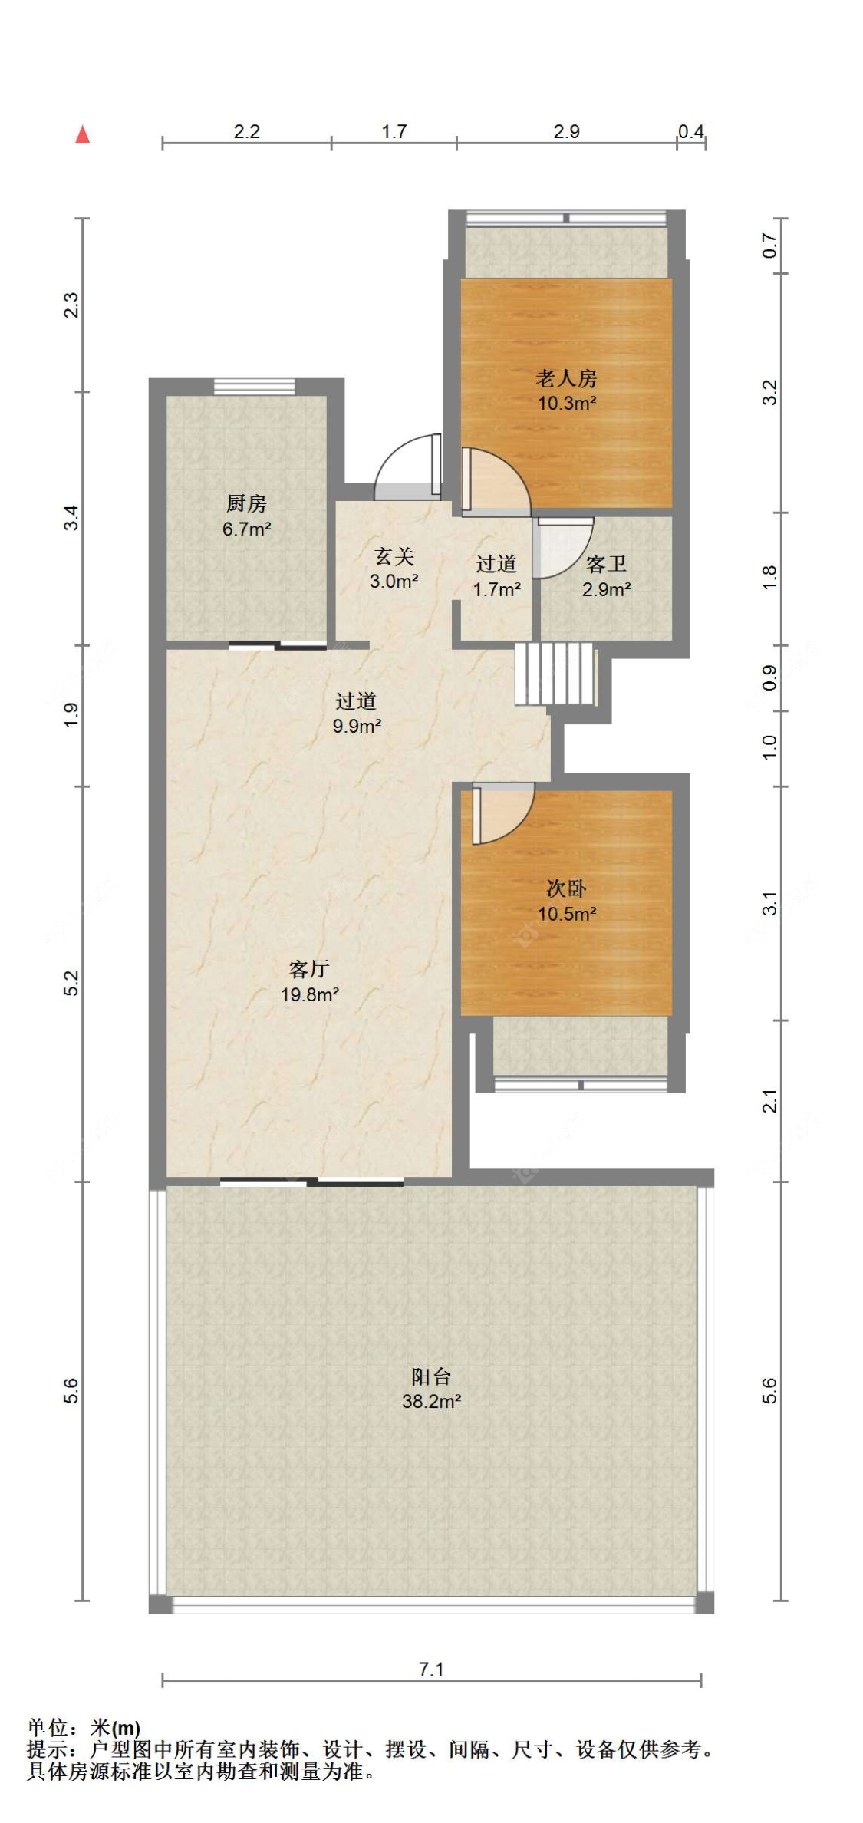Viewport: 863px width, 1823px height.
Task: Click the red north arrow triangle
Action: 83,134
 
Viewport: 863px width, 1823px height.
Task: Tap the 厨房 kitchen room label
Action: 246,503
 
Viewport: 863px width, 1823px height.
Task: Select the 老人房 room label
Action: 566,377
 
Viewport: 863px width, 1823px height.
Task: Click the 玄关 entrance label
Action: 394,556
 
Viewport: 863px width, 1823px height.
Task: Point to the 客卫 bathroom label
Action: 606,564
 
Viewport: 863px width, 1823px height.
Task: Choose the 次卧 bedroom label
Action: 566,888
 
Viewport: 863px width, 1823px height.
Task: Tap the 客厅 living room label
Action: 309,968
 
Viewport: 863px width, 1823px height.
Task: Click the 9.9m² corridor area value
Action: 357,725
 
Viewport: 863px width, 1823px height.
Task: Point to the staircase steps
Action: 555,673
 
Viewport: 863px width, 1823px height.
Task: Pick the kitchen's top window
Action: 254,387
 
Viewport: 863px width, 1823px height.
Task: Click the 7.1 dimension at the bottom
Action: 431,1669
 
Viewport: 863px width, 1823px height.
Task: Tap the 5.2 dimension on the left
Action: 71,983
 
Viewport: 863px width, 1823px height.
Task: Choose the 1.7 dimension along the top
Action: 394,131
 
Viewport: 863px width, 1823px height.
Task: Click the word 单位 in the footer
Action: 48,1727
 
